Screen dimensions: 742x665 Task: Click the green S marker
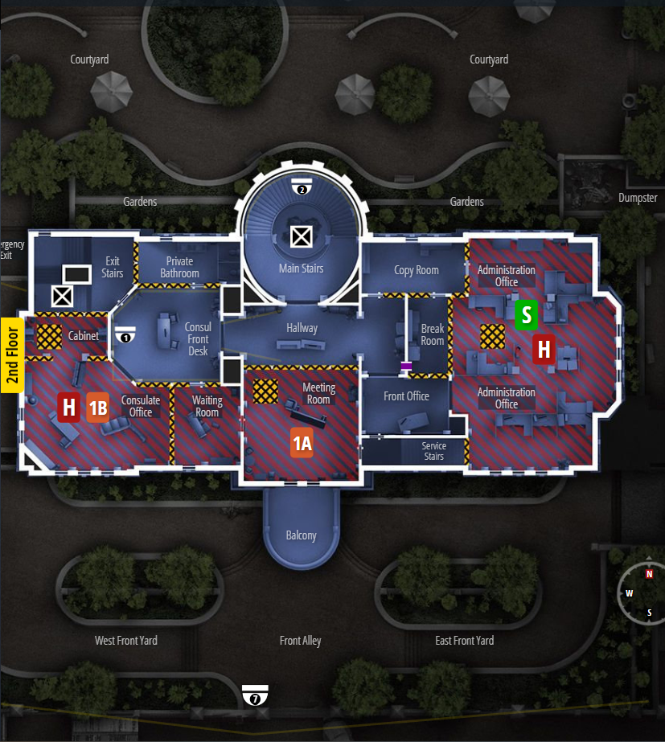coord(527,314)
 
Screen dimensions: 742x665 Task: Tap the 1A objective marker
coord(302,443)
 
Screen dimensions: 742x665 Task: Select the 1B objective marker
coord(98,408)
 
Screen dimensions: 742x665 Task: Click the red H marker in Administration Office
coord(544,350)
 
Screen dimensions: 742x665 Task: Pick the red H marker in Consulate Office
coord(69,408)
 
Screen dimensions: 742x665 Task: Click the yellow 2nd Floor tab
coord(11,355)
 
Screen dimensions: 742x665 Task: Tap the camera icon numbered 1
coord(124,335)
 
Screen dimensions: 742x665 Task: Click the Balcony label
coord(302,535)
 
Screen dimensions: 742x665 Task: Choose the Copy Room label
coord(417,270)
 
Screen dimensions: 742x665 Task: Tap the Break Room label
coord(433,334)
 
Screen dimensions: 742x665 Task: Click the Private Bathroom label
coord(179,267)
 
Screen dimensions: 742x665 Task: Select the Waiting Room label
coord(207,406)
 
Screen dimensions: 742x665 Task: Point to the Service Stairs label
coord(433,451)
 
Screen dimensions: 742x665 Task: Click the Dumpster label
coord(638,198)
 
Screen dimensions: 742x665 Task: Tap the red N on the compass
coord(649,574)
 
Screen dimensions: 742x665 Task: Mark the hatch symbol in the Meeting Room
coord(265,391)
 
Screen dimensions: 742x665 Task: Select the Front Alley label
coord(301,641)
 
